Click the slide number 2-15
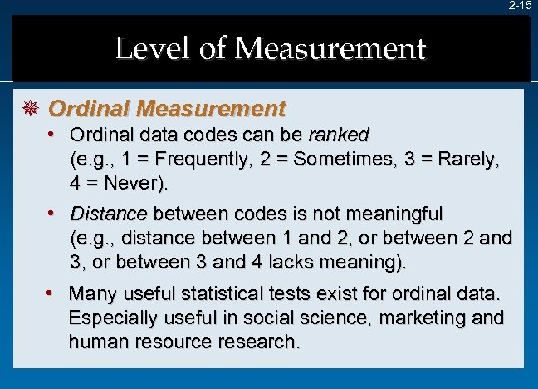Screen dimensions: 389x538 pos(521,6)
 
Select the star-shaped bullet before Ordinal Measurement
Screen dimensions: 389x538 pos(33,109)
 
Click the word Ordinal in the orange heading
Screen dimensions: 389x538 pos(89,109)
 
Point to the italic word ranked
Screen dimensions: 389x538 pos(339,135)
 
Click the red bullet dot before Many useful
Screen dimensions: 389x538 pos(51,293)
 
